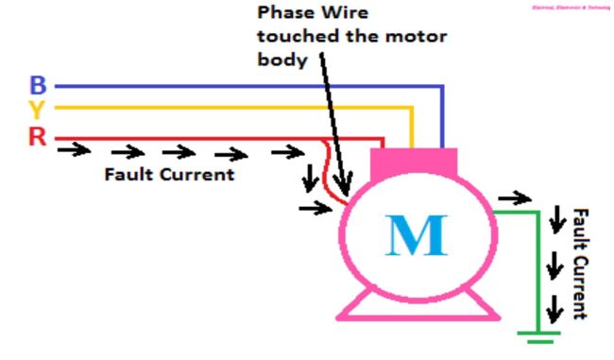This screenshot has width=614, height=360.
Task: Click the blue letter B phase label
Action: (x=38, y=87)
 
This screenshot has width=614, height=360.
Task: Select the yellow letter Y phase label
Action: (x=38, y=111)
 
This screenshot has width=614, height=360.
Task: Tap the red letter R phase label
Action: (x=38, y=136)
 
